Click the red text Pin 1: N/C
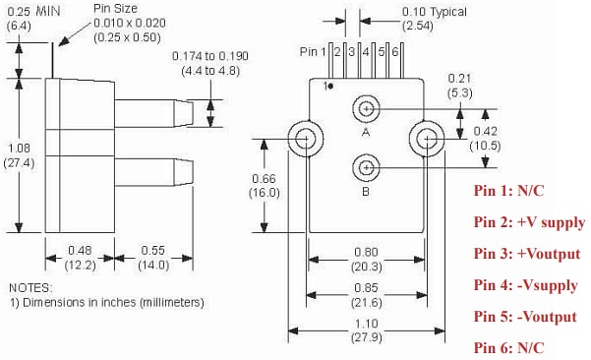tap(509, 191)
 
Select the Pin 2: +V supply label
tap(529, 222)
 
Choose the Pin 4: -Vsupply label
tap(525, 285)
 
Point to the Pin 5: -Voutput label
tap(525, 317)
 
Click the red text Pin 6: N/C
tap(509, 347)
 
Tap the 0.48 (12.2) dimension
tap(79, 258)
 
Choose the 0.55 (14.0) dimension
tap(150, 258)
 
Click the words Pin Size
tap(116, 8)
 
